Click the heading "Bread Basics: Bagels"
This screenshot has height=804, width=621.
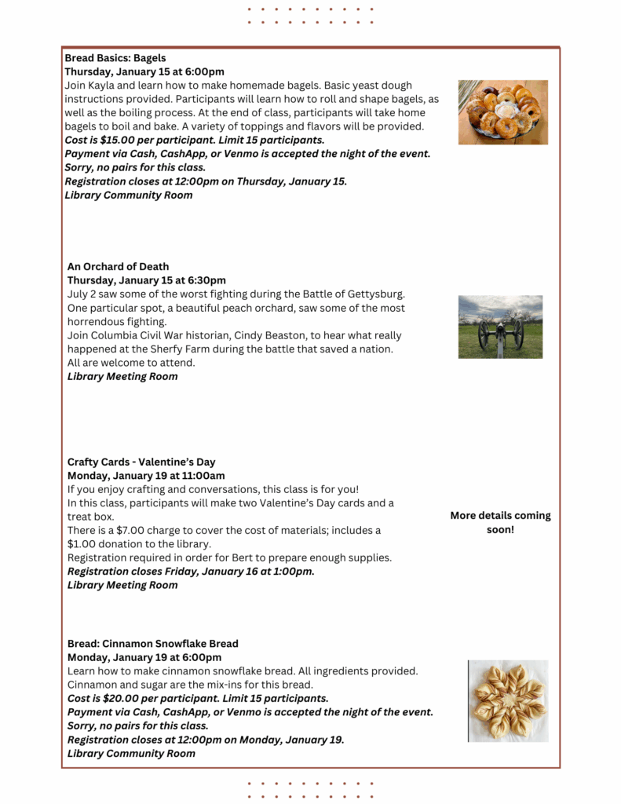click(x=115, y=58)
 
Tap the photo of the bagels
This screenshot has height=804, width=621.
click(x=503, y=112)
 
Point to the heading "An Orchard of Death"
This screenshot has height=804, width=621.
click(x=118, y=267)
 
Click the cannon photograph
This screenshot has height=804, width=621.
click(x=500, y=327)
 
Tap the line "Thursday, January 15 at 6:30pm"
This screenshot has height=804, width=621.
click(x=146, y=280)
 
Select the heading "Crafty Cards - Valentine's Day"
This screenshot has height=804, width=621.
click(x=141, y=462)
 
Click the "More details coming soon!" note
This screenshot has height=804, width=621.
click(x=500, y=523)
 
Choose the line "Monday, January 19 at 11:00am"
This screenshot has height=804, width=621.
click(x=146, y=476)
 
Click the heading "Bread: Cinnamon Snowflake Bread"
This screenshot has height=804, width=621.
click(x=152, y=644)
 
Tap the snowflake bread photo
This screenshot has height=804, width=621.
click(x=508, y=701)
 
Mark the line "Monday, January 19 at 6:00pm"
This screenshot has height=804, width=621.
click(x=144, y=657)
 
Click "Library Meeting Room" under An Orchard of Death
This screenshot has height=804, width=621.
click(x=122, y=377)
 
